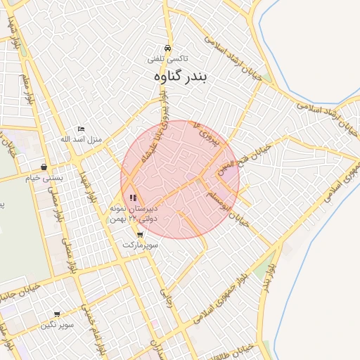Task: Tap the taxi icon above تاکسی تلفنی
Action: point(167,48)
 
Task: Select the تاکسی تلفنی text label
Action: point(166,60)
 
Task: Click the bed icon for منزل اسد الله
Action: point(81,129)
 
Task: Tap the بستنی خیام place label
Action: point(44,178)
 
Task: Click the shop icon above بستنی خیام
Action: point(44,167)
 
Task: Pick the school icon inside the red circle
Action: point(134,198)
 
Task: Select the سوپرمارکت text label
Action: point(141,245)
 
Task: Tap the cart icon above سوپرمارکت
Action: point(141,235)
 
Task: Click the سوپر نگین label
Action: point(57,325)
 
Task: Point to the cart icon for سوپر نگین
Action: point(57,314)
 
